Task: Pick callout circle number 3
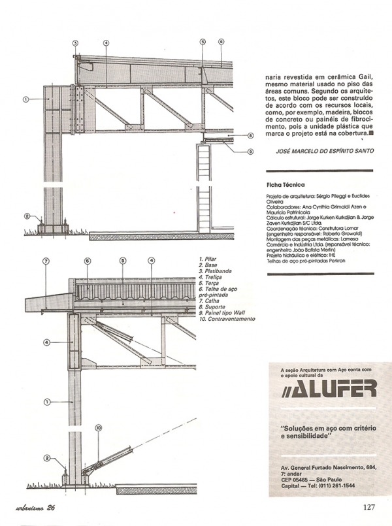pos(76,43)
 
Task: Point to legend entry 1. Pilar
pos(208,259)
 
